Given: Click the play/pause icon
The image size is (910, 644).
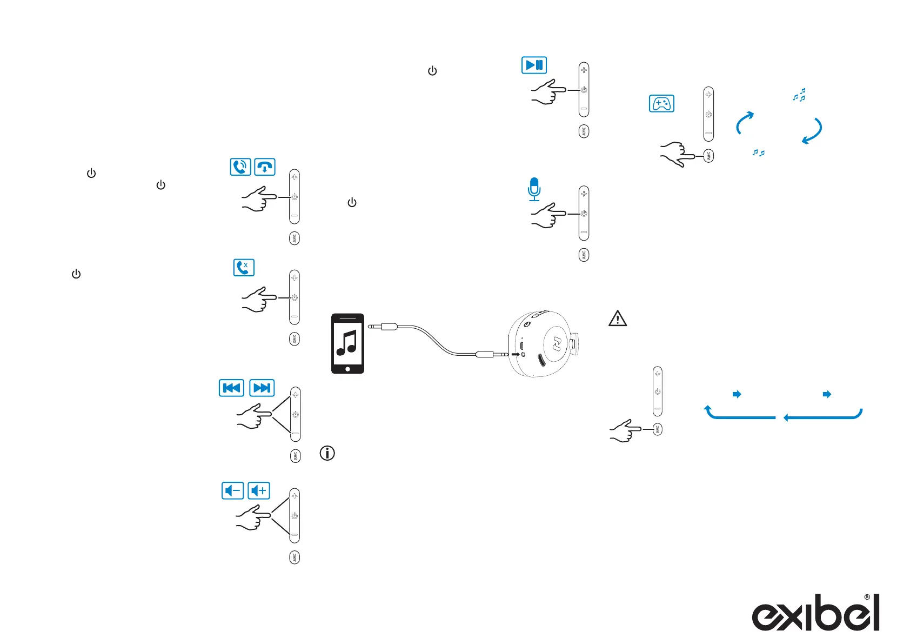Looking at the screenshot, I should coord(534,65).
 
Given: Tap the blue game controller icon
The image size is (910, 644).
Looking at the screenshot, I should coord(661,103).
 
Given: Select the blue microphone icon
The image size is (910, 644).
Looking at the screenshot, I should coord(534,189).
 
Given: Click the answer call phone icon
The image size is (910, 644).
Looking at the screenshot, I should coord(240,167).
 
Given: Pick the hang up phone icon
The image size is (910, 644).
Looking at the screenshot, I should coord(265,167).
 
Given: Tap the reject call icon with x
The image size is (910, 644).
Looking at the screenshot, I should coord(244,267).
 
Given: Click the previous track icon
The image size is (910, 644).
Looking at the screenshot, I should coord(231,388).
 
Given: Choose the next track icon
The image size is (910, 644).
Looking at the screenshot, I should coord(262,388).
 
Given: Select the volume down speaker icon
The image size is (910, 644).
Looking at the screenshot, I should coord(233,490).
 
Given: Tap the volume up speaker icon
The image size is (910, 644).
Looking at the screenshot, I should coord(259,490).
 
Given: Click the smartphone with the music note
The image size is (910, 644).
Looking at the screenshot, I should coord(347,343).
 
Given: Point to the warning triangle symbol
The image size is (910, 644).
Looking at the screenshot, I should coord(618,318).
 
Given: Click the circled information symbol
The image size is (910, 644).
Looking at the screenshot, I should coord(327,453).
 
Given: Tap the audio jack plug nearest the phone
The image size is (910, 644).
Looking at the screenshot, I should coord(383,327).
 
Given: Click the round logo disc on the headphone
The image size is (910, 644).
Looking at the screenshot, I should coord(557,343).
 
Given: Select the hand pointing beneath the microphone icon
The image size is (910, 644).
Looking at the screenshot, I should coord(548,215).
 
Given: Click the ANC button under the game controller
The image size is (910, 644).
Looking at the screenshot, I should coord(708,156).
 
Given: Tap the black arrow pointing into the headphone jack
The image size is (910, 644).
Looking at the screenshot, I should coord(515,355).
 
